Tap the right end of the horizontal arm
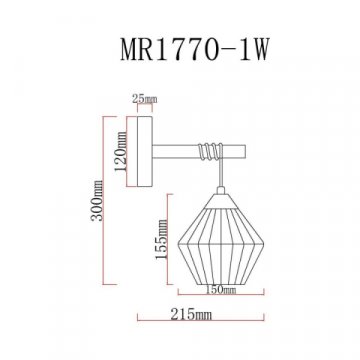point(243,151)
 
